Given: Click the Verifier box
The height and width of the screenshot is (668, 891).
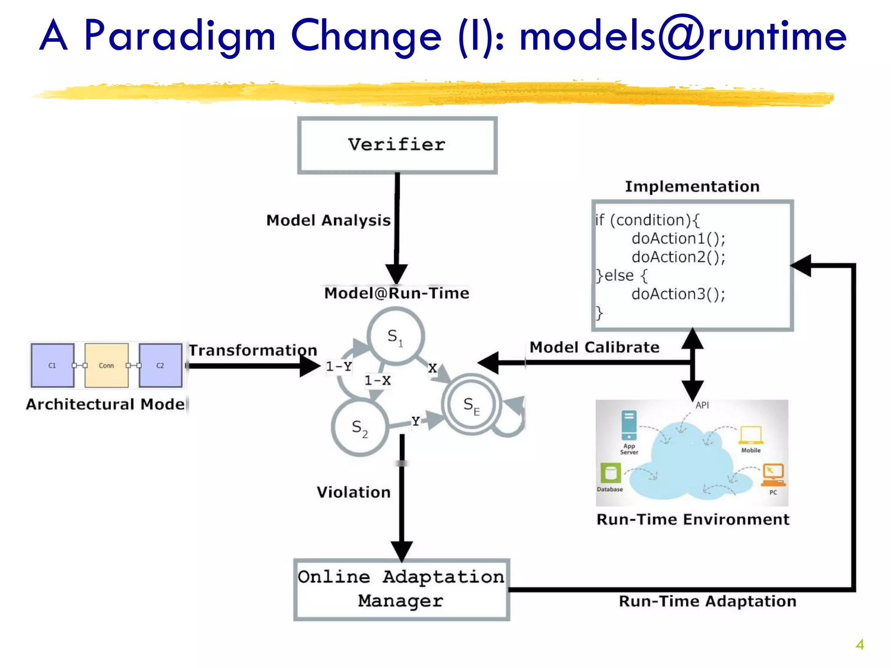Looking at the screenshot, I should pos(397,145).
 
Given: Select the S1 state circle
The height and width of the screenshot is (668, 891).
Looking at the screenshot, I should pos(395,336).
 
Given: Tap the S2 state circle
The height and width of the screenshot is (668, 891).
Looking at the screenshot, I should pos(359,428).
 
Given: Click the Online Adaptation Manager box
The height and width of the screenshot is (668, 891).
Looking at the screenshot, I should pos(401,589).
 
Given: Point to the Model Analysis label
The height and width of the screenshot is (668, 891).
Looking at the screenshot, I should pos(328,220).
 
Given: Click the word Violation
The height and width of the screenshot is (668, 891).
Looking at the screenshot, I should pos(353,492).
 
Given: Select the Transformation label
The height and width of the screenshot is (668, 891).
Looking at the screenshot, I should pos(253,350).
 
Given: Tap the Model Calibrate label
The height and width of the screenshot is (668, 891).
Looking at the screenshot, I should pos(594,347).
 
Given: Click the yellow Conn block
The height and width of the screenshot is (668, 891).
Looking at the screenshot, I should pos(106,365).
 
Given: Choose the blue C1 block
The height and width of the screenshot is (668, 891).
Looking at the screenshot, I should pos(52,365).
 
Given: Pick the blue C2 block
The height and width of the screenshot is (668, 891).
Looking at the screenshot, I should pos(160,365).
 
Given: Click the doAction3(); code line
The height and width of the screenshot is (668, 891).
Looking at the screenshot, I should pos(678,294).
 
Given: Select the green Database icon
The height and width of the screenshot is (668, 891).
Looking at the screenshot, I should pos(610,473).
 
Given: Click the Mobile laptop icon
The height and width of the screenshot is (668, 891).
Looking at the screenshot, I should pos(751,434).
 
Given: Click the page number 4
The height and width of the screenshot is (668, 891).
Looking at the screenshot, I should pos(860,644).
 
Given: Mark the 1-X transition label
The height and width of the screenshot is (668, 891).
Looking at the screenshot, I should pos(377,381).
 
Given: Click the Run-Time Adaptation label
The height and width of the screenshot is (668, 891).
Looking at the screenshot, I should pos(707,601).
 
